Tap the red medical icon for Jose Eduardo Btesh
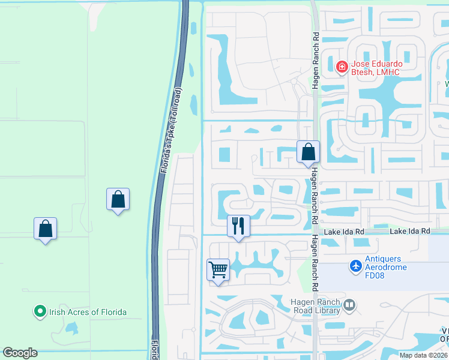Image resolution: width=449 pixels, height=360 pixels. (342, 67)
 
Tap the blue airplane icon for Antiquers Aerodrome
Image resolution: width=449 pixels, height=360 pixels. (356, 265)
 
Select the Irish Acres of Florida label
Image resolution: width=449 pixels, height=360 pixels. (88, 311)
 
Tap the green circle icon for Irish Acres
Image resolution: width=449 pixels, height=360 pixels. (40, 311)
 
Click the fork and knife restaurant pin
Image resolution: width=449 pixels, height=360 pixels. (238, 226)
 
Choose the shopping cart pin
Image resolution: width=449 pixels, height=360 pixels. (218, 269)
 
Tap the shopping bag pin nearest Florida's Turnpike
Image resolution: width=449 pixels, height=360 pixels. (118, 199)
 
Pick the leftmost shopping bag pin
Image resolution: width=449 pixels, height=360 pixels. (45, 229)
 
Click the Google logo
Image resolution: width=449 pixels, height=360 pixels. (20, 353)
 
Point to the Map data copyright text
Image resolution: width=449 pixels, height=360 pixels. (424, 355)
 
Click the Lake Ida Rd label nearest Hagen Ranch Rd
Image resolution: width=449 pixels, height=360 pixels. (344, 231)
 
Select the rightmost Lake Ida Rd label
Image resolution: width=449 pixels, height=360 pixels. (411, 231)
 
